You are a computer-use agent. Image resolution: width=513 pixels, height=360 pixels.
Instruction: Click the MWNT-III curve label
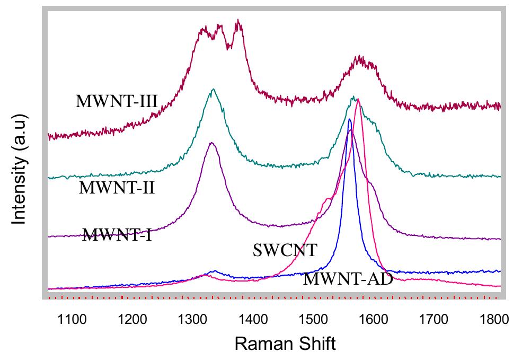click(117, 101)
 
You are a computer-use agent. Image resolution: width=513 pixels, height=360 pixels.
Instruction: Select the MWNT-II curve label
click(117, 187)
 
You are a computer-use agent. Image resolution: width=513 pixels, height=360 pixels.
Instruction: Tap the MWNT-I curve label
click(117, 234)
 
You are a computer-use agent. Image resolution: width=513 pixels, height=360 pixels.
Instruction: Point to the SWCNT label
click(285, 250)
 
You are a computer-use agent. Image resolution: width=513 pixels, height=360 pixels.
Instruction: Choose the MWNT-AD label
click(348, 279)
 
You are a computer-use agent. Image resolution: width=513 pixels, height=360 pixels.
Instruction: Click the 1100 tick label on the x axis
click(72, 319)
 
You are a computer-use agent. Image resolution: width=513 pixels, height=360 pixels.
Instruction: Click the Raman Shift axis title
click(285, 344)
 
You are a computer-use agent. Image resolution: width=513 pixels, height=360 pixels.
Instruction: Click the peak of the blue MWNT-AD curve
click(349, 119)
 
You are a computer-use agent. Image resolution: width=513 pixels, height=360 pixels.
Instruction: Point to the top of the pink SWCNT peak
click(358, 99)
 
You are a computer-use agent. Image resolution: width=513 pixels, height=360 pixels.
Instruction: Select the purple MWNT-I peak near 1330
click(211, 143)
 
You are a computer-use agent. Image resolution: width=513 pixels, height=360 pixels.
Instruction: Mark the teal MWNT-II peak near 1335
click(213, 89)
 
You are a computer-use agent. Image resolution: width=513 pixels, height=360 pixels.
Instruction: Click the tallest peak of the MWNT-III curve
click(238, 21)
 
